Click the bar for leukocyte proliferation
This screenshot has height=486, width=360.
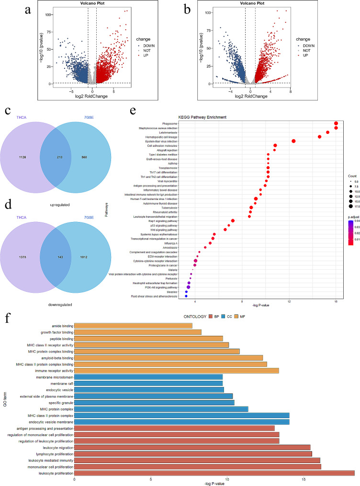(x=214, y=473)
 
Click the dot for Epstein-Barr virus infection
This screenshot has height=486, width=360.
(x=293, y=141)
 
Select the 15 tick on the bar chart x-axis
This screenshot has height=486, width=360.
(x=304, y=479)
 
